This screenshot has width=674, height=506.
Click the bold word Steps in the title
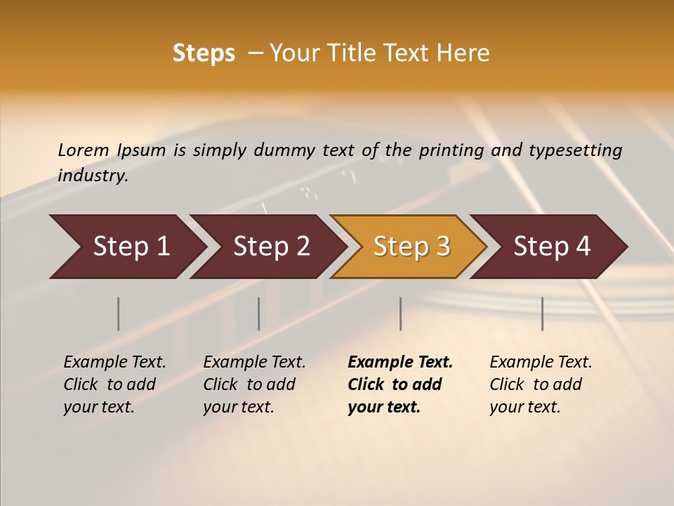tap(204, 53)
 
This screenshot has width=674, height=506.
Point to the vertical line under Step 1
tap(119, 313)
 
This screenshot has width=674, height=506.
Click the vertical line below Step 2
tap(259, 313)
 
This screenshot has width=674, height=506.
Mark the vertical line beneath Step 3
tap(401, 313)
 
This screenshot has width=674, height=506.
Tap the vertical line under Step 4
tap(543, 313)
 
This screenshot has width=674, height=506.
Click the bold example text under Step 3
tap(399, 384)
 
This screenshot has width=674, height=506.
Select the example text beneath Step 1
tap(114, 384)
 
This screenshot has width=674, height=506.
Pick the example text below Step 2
tap(254, 384)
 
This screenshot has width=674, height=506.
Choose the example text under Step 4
tap(541, 384)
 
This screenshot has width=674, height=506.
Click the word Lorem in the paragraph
tap(84, 150)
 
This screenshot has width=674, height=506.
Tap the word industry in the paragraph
tap(93, 175)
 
